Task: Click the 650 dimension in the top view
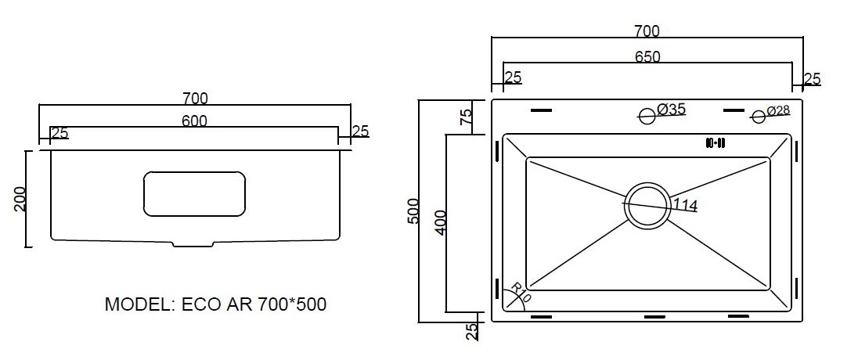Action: (x=647, y=56)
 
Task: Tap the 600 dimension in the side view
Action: (x=194, y=121)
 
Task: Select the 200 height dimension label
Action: (x=20, y=199)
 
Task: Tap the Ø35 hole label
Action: (x=671, y=110)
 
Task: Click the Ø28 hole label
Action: (x=778, y=110)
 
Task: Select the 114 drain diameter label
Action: (x=684, y=205)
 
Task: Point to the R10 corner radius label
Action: (x=521, y=292)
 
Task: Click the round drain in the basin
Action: (x=647, y=205)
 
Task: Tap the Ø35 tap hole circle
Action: (x=647, y=116)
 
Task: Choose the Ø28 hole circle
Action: (x=759, y=117)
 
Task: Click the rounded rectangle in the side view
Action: (x=194, y=193)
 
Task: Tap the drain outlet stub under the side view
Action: (x=193, y=243)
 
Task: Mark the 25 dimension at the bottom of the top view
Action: (x=472, y=330)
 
